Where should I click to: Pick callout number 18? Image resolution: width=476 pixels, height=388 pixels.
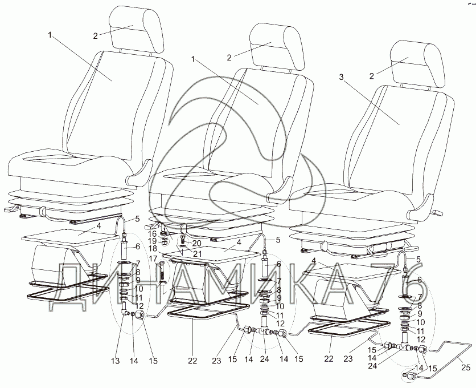point(153,249)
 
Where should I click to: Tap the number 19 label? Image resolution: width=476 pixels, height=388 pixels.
point(153,241)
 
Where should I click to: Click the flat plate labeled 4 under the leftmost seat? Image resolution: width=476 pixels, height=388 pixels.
point(63,234)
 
